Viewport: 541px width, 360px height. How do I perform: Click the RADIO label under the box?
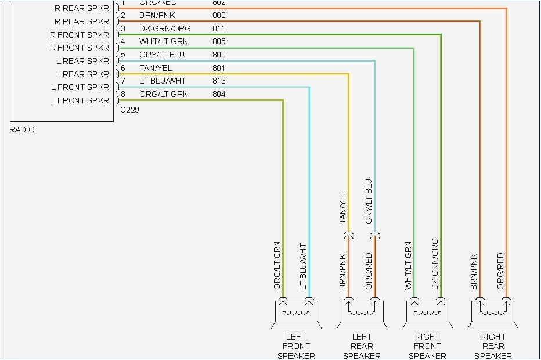(x=22, y=129)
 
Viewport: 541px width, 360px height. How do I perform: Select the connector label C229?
(x=129, y=109)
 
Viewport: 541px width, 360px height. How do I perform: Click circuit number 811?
(x=219, y=28)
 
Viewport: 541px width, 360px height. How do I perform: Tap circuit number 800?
(x=219, y=55)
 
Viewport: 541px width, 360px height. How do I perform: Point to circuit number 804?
(x=219, y=94)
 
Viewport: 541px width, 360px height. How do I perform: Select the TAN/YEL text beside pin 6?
(x=155, y=68)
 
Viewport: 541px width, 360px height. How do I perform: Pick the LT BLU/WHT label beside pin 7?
(x=163, y=81)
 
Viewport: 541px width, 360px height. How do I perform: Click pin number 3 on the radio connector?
(x=123, y=28)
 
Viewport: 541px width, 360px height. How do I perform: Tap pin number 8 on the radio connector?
(x=123, y=94)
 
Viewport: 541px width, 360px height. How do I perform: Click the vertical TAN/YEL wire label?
(x=342, y=207)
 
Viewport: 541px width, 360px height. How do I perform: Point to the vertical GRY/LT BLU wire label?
(x=369, y=201)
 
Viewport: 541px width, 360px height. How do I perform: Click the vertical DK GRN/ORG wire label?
(x=435, y=264)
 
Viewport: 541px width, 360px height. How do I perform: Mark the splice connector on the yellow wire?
(x=349, y=236)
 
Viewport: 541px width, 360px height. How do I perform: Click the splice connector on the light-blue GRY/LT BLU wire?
(x=375, y=236)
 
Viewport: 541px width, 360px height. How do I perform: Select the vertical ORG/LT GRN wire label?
(x=277, y=265)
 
